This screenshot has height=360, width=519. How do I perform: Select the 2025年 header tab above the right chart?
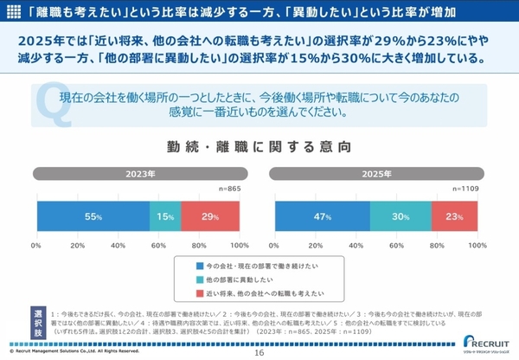376,174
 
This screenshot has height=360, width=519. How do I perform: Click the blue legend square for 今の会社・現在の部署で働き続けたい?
199,267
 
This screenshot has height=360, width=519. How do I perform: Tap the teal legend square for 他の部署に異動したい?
199,280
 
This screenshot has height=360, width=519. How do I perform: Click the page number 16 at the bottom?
259,352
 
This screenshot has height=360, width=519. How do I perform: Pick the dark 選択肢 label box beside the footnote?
39,319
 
